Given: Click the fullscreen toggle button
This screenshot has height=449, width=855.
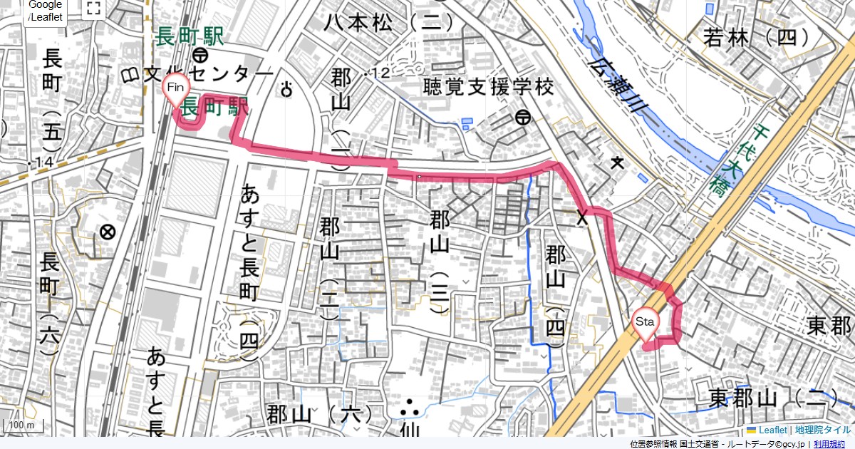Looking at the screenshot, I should coord(93,9).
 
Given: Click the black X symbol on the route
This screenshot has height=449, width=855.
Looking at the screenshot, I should coord(582,217).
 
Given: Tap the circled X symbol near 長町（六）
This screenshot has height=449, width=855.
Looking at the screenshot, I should coord(108,232).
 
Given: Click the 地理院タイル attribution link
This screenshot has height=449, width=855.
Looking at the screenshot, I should coord(823,430).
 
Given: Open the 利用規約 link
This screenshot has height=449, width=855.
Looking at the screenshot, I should coord(829,444).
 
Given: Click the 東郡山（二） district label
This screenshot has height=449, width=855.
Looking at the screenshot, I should coord(780,397).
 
